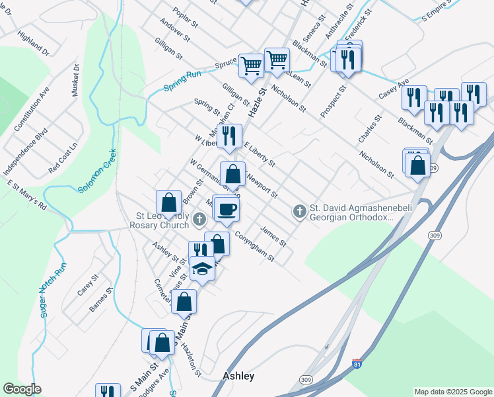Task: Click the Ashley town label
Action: (238, 376)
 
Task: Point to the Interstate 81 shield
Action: (357, 363)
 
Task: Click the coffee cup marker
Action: (227, 209)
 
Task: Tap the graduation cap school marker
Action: (203, 268)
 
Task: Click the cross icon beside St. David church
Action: (299, 212)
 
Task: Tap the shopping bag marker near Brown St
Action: (169, 202)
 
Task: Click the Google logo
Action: (22, 389)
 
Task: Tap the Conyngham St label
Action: (254, 249)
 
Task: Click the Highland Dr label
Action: (34, 42)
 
